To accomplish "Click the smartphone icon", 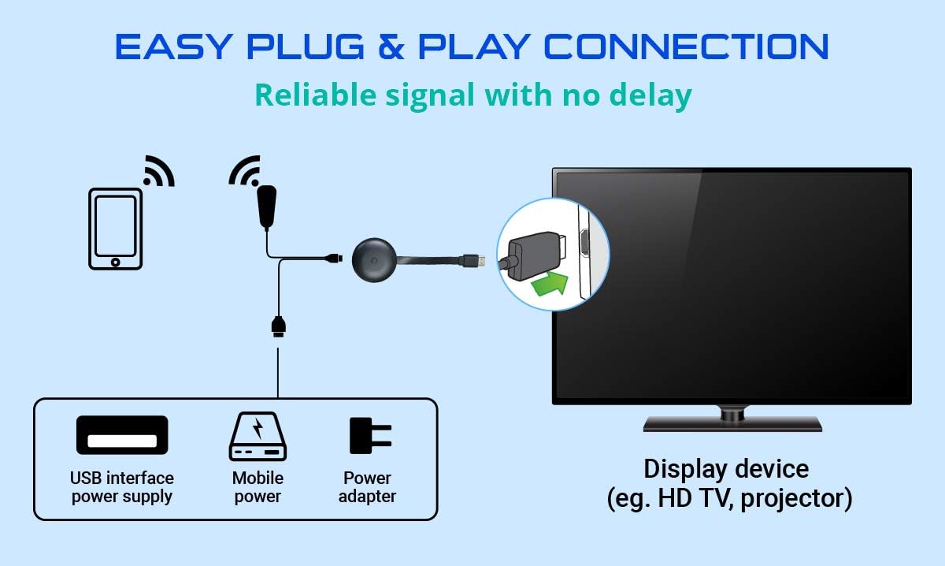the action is point(115,229).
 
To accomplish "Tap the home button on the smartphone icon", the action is point(115,261).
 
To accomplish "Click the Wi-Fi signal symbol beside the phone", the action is point(157,171).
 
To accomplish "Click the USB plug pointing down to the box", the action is point(278,325).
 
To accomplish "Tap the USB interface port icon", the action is point(122,435).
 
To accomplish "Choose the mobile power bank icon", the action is point(258,437).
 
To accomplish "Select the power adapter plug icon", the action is point(369,435).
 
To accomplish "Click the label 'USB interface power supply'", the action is point(122,487).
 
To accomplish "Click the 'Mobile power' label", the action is point(258,487).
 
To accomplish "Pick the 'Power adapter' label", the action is point(368,487).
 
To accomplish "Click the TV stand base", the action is point(732,423).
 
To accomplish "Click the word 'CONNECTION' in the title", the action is point(687,47).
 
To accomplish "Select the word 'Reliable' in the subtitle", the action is point(313,95).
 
